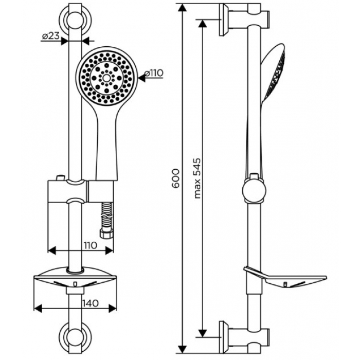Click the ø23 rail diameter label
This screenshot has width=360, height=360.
tap(51, 35)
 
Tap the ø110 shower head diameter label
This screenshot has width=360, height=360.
tap(154, 73)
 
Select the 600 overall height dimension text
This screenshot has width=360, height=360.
tap(175, 178)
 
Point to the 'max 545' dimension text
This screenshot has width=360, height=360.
tap(197, 178)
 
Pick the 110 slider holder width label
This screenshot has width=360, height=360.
tap(89, 245)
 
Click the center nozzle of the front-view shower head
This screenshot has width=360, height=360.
tap(106, 78)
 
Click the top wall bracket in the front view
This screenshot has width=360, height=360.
tap(75, 20)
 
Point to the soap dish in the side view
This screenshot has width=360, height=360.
tap(285, 277)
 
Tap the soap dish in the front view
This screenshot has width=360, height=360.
tap(75, 279)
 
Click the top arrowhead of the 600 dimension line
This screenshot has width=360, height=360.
tap(182, 9)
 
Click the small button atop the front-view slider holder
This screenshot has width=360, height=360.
tap(60, 178)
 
